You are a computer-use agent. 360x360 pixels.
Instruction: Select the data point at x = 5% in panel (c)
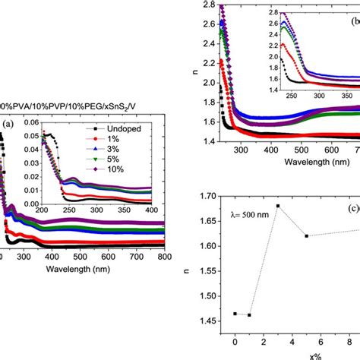tap(306, 235)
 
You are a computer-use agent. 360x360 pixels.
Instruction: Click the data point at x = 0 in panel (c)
tap(235, 313)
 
